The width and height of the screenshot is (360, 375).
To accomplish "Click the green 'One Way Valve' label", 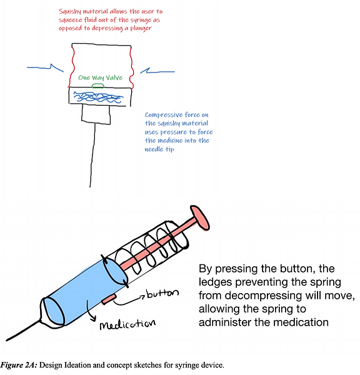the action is [100, 77].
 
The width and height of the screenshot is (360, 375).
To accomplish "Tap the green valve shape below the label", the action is [98, 86].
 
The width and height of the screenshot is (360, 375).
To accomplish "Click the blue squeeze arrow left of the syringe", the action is [45, 67].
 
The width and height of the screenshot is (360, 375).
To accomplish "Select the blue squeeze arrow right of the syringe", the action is [157, 71].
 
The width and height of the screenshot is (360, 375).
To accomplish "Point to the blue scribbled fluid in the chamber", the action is [98, 97].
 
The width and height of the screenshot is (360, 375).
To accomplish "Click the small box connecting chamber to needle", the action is [96, 115].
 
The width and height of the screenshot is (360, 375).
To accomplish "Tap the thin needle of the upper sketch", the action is [92, 156].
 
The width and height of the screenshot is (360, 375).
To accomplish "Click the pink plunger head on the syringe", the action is [200, 218].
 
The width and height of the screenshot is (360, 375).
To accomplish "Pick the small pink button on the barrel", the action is [109, 299].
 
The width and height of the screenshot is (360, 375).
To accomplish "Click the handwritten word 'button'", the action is [162, 293].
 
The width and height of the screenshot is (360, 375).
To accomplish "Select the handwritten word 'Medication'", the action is [127, 324].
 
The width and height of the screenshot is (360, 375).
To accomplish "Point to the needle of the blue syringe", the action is [23, 330].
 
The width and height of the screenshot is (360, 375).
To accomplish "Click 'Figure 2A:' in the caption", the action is [19, 365].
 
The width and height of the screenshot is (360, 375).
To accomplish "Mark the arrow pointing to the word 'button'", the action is [129, 301].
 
